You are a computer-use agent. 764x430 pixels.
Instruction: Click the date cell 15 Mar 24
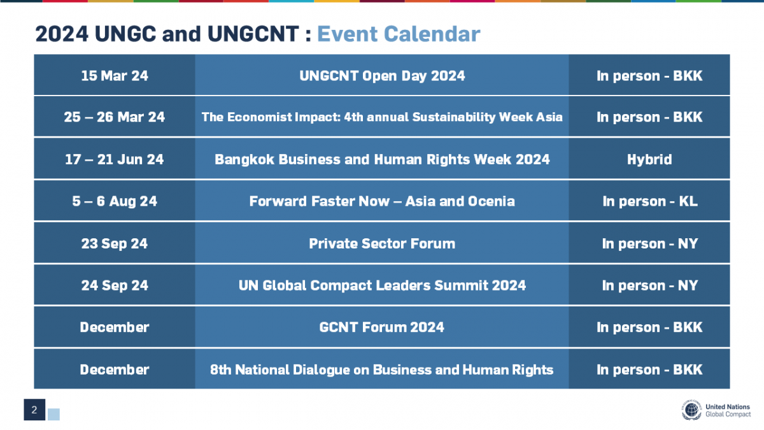pos(115,76)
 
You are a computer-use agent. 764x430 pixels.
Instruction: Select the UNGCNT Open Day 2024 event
pos(382,76)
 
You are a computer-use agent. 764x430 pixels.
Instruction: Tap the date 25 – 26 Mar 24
pos(115,117)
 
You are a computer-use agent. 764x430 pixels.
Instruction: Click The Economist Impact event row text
pos(382,117)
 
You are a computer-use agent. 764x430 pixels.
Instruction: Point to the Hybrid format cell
pos(649,159)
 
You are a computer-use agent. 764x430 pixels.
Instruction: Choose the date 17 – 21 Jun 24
pos(115,159)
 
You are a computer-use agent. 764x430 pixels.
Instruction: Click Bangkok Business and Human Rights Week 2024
pos(382,159)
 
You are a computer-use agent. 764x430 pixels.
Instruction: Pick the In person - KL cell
pos(649,201)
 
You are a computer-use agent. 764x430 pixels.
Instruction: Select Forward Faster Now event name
pos(382,201)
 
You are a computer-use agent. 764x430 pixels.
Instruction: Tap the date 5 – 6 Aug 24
pos(115,201)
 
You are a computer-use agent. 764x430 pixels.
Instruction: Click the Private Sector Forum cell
pos(382,243)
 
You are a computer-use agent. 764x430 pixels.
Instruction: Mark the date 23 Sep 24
pos(115,243)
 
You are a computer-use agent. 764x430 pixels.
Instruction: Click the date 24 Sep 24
pos(115,285)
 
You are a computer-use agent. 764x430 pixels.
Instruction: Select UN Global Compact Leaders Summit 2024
pos(382,285)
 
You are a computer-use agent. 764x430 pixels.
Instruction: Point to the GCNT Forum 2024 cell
pos(382,327)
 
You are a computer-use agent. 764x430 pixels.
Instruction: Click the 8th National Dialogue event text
pos(382,369)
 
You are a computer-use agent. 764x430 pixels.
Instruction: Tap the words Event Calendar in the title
pos(399,34)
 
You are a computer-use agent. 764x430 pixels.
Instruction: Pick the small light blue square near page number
pos(54,414)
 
